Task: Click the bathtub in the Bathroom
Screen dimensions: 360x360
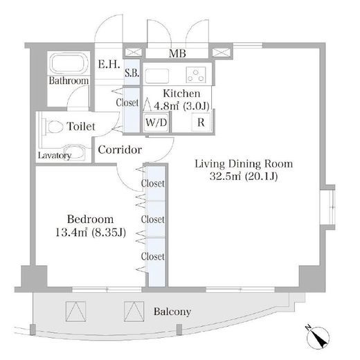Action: point(69,63)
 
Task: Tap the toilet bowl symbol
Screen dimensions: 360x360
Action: point(55,127)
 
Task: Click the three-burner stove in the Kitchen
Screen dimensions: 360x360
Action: point(196,75)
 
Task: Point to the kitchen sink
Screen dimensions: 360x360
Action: point(157,75)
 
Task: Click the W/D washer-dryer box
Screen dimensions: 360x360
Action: point(156,123)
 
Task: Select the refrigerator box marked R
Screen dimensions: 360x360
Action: point(201,123)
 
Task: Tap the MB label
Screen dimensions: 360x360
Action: point(177,53)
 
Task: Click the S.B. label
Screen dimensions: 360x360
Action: point(132,73)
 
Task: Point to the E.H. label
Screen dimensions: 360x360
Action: point(109,64)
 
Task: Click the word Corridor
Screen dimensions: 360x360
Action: point(120,150)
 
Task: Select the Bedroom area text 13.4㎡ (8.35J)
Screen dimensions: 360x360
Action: point(91,233)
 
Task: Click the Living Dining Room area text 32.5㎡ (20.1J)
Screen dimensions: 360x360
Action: point(244,177)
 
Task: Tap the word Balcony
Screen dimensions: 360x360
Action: point(172,312)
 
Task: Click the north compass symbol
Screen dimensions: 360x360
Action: point(318,337)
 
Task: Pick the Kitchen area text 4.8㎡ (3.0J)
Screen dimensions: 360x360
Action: point(181,106)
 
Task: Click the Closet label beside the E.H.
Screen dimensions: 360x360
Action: point(127,102)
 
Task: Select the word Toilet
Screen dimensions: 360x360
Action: point(81,127)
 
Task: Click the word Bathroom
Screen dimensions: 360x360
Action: point(69,80)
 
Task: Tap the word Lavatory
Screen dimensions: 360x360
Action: point(55,156)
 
